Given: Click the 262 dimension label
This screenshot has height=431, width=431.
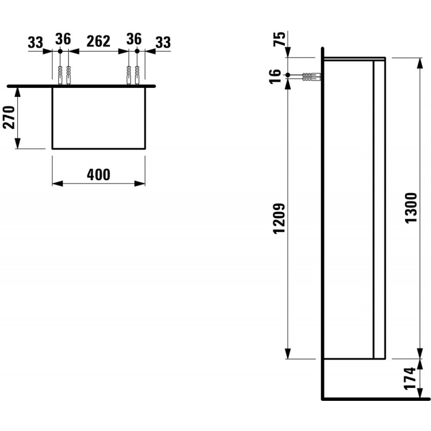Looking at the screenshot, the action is point(99,41).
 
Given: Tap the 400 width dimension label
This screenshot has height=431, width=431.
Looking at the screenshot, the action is point(99,175).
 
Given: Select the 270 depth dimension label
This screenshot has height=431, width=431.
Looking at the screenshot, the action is point(9,117).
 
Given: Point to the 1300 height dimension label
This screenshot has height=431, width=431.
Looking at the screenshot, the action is point(412,208).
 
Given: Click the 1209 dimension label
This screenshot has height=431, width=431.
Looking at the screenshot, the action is point(279,219).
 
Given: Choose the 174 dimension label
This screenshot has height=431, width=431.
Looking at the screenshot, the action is point(411,378).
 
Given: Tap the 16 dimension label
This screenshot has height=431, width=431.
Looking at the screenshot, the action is point(275,76).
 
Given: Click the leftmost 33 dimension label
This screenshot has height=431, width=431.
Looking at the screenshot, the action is point(36,43).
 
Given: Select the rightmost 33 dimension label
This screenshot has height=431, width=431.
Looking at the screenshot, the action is point(163,43).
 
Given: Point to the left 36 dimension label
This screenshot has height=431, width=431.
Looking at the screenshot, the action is point(63,39).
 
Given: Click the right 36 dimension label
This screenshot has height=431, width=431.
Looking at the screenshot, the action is point(134,39).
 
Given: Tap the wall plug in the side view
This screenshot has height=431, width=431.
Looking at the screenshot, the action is point(312,77).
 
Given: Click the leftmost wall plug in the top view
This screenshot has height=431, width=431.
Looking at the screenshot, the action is point(60,75).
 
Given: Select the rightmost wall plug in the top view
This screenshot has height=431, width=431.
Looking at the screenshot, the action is point(137,75).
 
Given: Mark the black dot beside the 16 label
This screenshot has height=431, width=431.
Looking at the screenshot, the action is point(288,75).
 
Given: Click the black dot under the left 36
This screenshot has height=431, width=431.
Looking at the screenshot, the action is point(60,51).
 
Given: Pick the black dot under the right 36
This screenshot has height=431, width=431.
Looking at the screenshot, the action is point(137,51).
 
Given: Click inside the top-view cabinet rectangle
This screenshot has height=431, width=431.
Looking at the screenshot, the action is point(99,118).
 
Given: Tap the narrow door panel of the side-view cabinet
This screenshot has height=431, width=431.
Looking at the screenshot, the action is point(379,210).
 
